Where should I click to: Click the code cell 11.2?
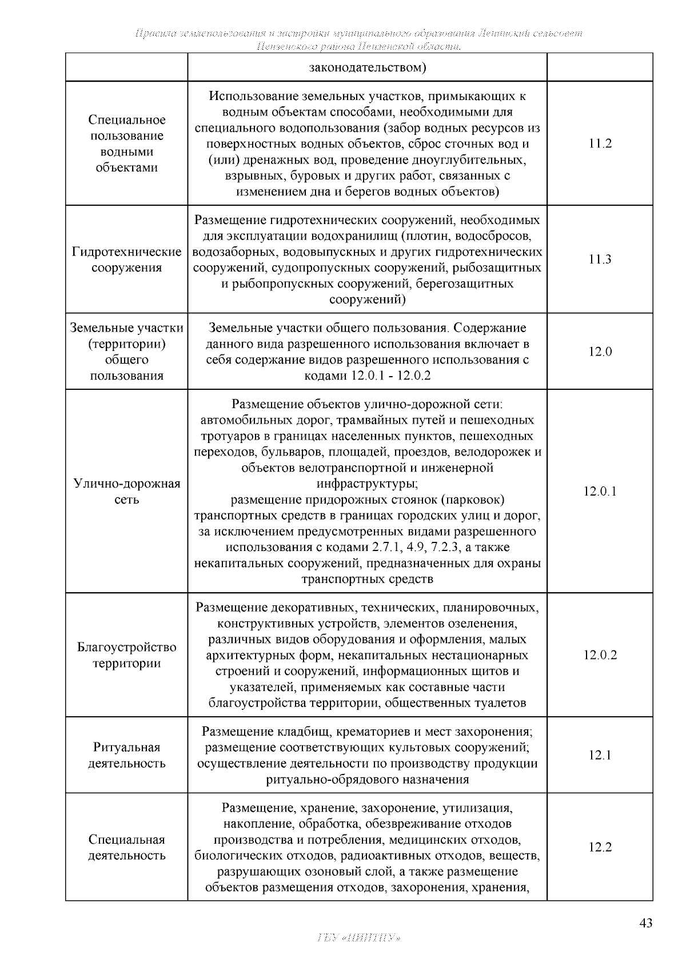[x=600, y=143]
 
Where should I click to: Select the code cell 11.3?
[x=600, y=260]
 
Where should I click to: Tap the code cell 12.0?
[x=600, y=352]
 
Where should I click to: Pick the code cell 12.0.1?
[x=600, y=492]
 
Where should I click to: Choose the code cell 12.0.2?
[x=600, y=655]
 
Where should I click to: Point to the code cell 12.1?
[x=600, y=755]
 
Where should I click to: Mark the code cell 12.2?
[x=600, y=847]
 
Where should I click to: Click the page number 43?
[x=645, y=923]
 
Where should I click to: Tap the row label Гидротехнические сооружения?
[x=127, y=260]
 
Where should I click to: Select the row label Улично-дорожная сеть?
[x=127, y=492]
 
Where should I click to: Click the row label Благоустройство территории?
[x=127, y=655]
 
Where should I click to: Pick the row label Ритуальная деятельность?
[x=127, y=755]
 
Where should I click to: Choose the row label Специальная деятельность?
[x=127, y=847]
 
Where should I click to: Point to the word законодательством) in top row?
[x=368, y=67]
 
